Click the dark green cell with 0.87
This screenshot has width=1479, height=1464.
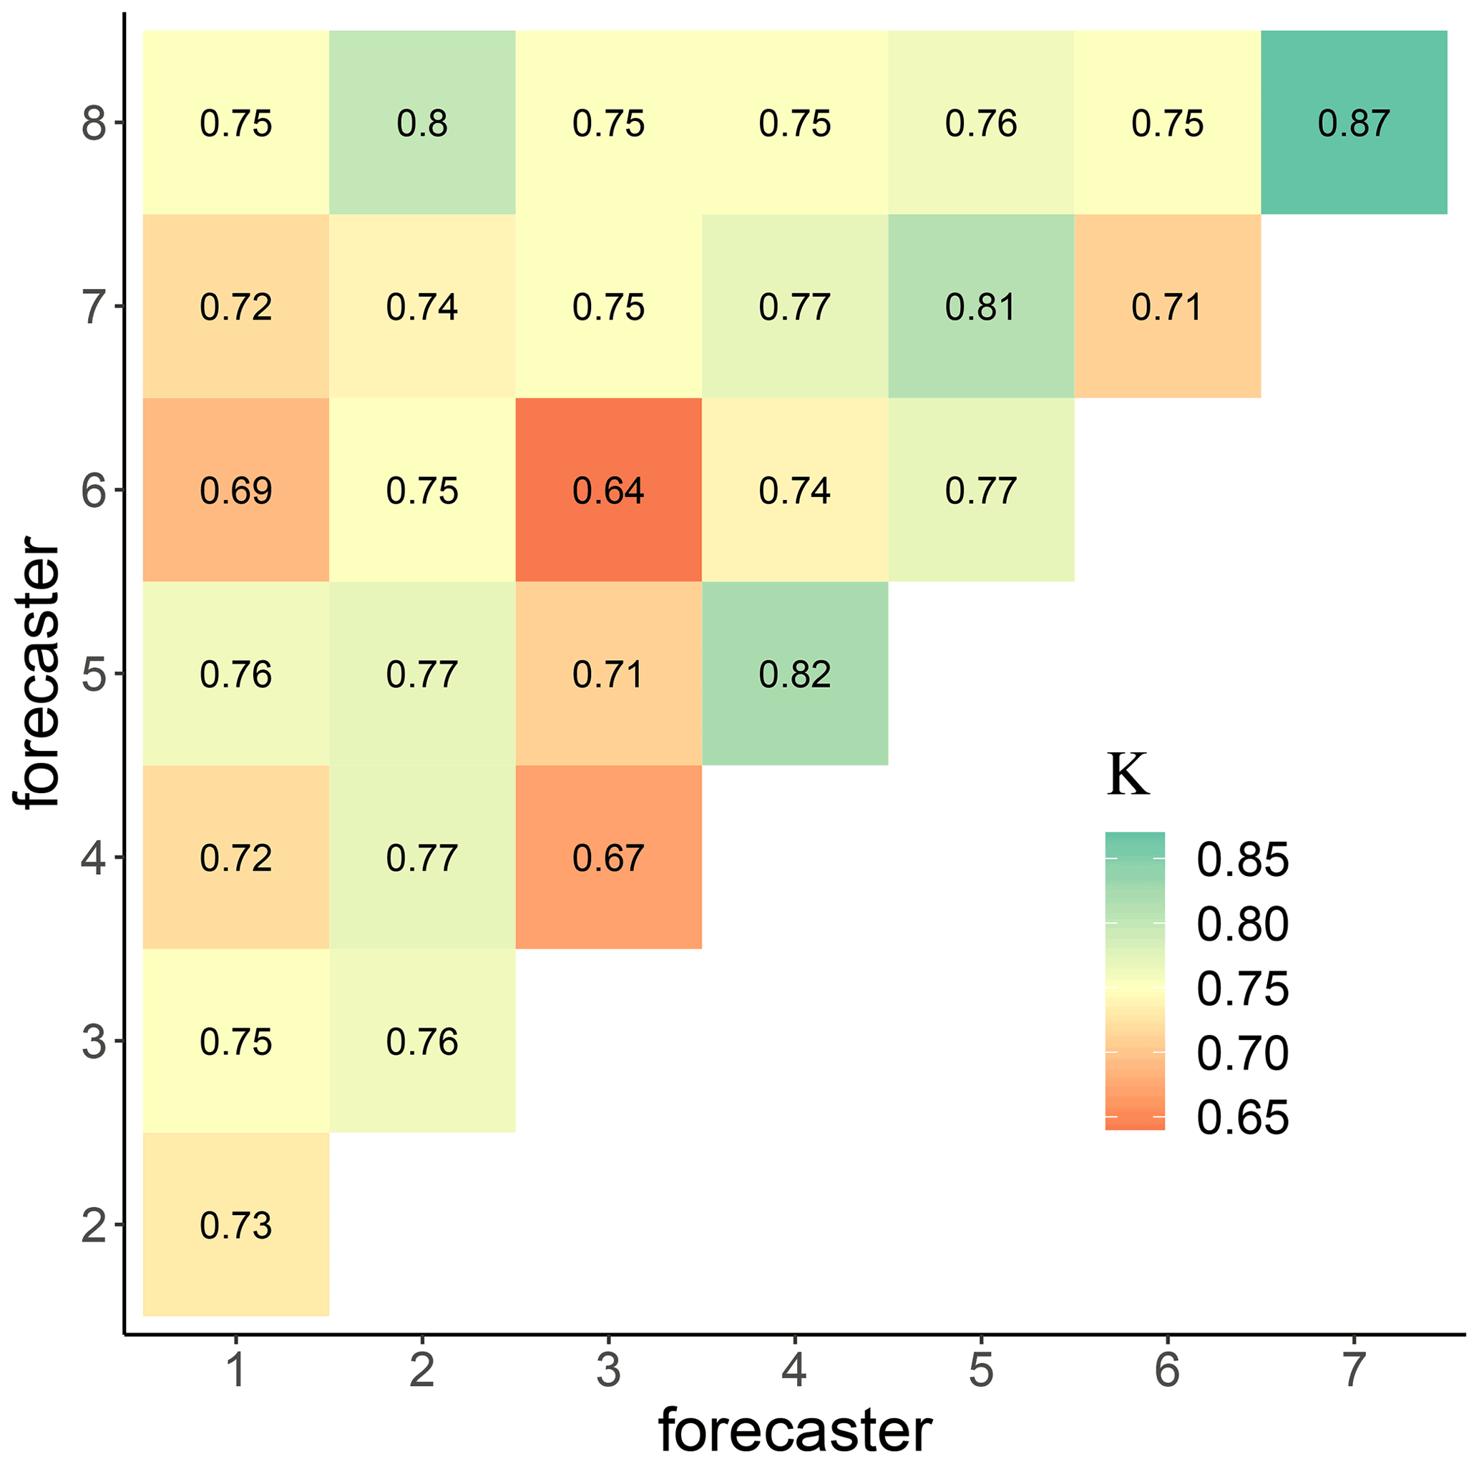click(x=1354, y=123)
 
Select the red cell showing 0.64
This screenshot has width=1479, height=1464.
click(x=609, y=491)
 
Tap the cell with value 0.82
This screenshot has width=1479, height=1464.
click(x=795, y=674)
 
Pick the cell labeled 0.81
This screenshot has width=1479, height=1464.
click(x=981, y=307)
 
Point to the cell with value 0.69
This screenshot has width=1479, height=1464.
click(x=236, y=491)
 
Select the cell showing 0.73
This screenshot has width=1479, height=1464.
click(x=236, y=1225)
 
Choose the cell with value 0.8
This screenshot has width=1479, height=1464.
click(x=422, y=123)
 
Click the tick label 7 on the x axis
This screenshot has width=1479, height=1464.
click(x=1354, y=1369)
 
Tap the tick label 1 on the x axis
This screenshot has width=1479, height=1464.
click(x=236, y=1369)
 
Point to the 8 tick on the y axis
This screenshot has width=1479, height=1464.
click(x=94, y=123)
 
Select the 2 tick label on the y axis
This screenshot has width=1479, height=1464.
click(x=94, y=1225)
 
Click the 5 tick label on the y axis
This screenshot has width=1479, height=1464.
click(x=94, y=674)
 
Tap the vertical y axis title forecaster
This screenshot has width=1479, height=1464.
click(x=36, y=674)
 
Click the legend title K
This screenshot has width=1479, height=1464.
click(x=1128, y=776)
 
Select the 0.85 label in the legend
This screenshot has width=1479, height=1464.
click(x=1242, y=860)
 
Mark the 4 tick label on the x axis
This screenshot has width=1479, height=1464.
click(x=795, y=1369)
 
